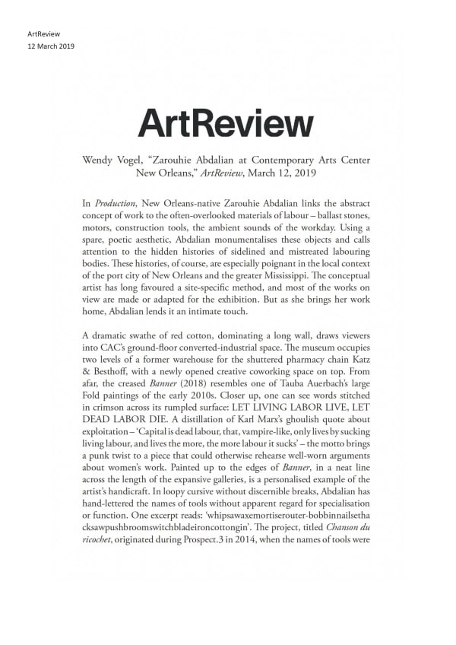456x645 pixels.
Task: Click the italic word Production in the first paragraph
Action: click(x=112, y=205)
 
